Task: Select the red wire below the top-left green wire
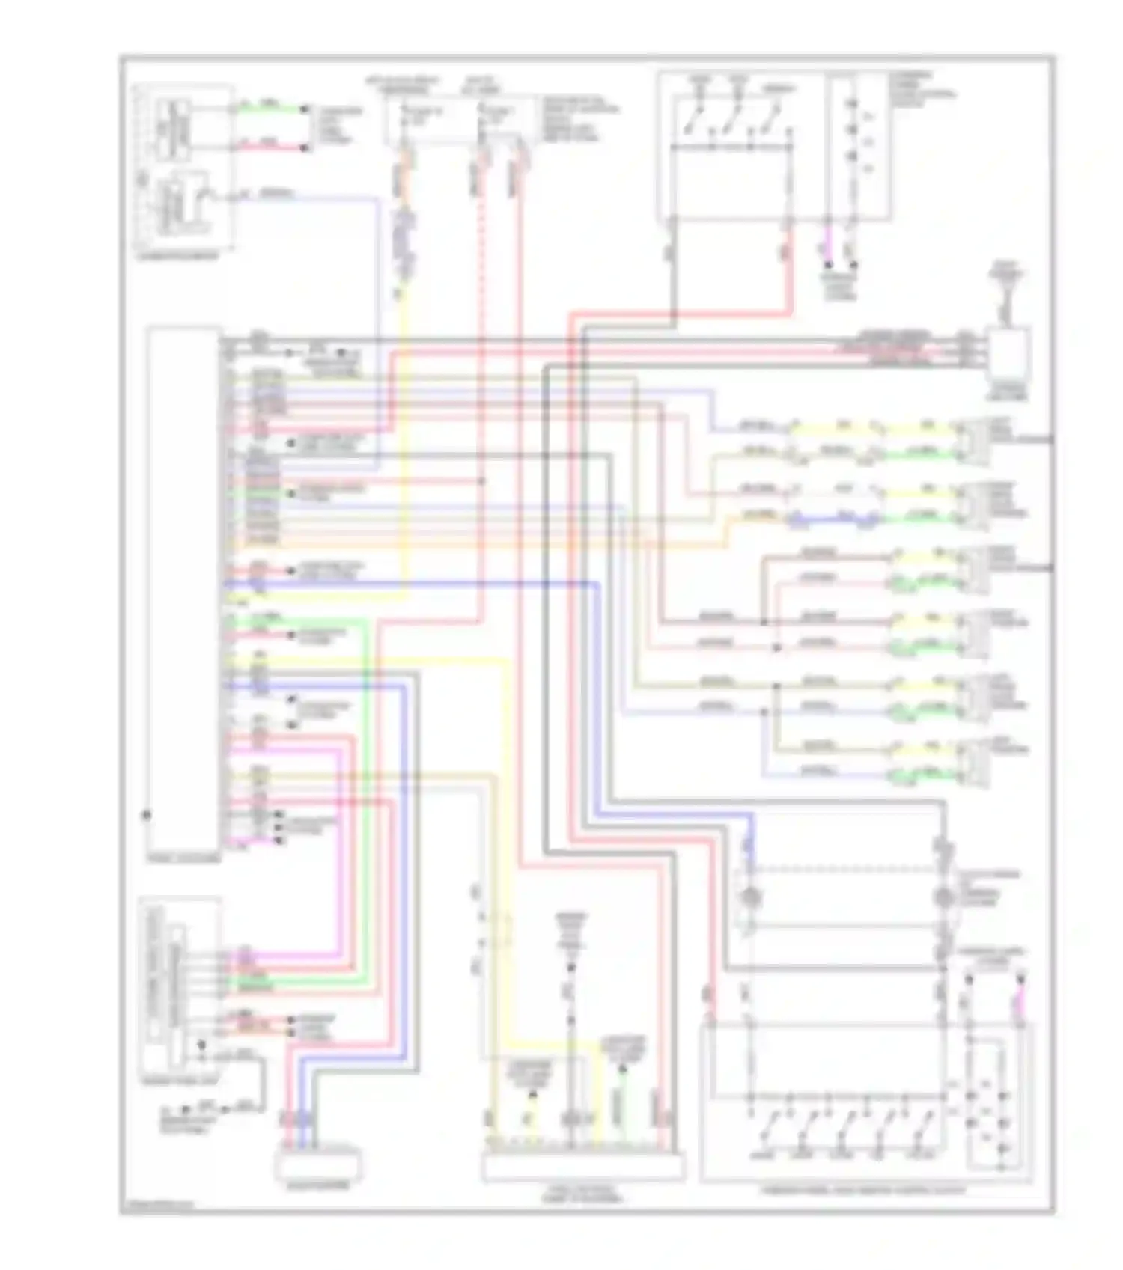[x=270, y=147]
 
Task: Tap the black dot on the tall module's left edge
[x=147, y=815]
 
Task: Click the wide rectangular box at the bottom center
[x=582, y=1167]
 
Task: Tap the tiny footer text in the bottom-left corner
[x=157, y=1206]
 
